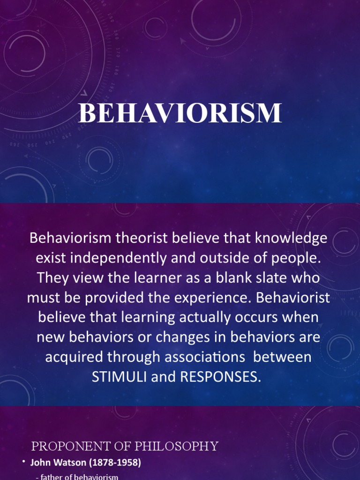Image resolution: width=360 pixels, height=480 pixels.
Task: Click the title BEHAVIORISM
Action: [180, 113]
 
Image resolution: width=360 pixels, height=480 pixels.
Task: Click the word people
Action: [299, 258]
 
